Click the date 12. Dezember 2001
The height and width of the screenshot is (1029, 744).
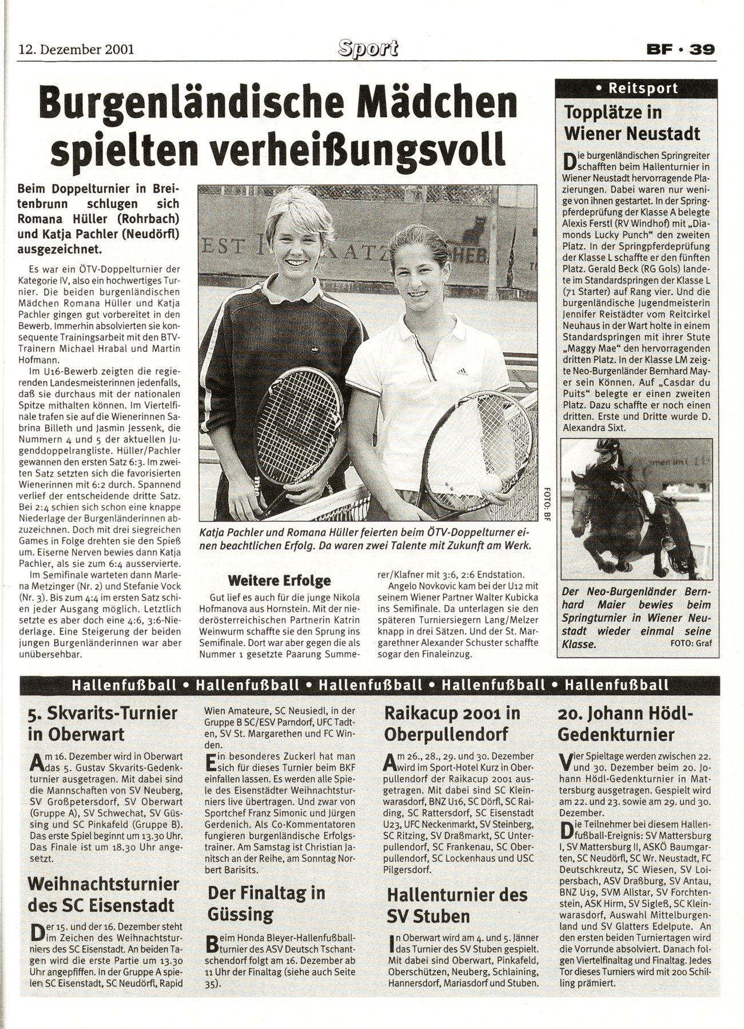pyautogui.click(x=76, y=49)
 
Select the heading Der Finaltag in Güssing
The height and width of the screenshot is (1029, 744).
pyautogui.click(x=266, y=903)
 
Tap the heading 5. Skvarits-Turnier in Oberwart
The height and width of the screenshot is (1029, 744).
pyautogui.click(x=103, y=723)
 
